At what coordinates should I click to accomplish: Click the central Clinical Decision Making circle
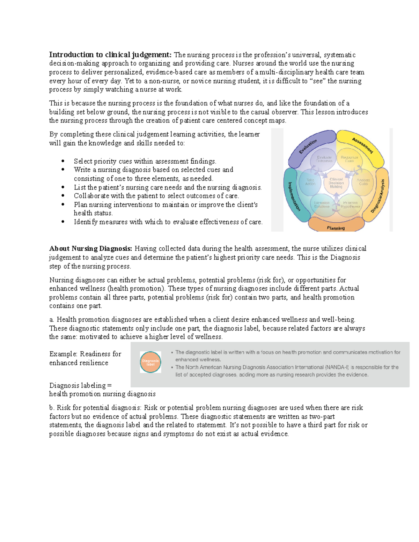point(336,183)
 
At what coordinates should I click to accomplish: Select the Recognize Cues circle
point(349,159)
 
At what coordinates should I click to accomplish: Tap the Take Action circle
point(310,182)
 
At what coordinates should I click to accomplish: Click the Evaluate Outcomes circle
point(324,159)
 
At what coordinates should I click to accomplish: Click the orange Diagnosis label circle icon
point(150,362)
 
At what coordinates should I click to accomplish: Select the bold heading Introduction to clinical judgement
point(110,55)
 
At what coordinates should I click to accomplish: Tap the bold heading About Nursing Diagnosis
point(91,249)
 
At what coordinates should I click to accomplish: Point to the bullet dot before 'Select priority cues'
point(63,161)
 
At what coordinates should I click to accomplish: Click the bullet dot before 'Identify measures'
point(63,222)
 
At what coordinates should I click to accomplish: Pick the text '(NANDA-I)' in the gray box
point(337,367)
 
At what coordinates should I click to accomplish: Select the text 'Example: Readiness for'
point(85,354)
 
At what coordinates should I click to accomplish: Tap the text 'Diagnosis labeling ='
point(80,385)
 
